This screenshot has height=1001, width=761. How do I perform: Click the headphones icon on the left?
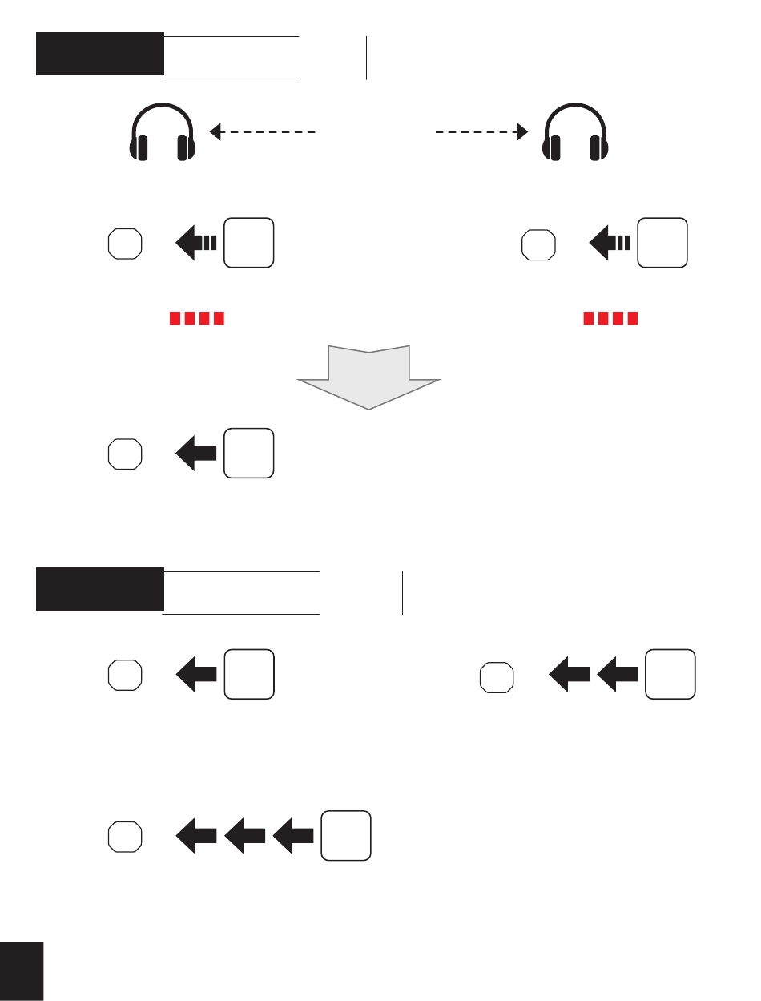pos(163,133)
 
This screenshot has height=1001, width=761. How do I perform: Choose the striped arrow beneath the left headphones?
pos(195,243)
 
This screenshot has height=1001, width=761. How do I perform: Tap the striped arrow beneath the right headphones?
pos(610,243)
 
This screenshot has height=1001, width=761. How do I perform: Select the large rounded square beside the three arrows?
pos(346,835)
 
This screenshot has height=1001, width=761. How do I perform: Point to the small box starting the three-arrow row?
pos(125,836)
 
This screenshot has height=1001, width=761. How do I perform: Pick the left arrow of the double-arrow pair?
pos(569,675)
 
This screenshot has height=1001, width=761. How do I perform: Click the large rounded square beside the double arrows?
pos(671,674)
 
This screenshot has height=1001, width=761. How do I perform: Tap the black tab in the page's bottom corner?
pos(22,971)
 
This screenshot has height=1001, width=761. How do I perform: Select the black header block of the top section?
pos(99,54)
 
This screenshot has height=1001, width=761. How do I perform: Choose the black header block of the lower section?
pos(99,589)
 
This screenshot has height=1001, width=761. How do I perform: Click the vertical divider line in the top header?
pos(366,58)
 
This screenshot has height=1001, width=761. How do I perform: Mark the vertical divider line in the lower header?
pos(402,593)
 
